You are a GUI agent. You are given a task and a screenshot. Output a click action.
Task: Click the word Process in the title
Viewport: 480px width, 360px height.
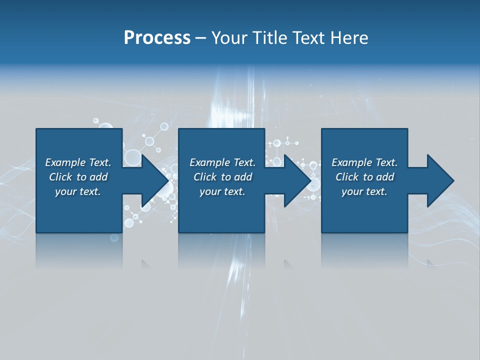[x=157, y=38]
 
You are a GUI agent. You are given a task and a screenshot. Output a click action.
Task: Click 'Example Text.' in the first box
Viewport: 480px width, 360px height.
[x=78, y=162]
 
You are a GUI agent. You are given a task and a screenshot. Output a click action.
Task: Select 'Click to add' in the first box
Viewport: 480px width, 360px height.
[x=78, y=177]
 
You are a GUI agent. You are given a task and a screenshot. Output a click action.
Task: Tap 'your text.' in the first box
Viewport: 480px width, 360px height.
[x=78, y=191]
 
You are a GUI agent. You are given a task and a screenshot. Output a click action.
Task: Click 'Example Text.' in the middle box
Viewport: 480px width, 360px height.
[x=222, y=162]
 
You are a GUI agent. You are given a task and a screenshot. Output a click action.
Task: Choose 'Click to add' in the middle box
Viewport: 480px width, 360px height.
[x=222, y=177]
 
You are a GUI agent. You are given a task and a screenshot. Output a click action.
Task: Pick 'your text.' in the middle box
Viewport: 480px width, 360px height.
[x=222, y=191]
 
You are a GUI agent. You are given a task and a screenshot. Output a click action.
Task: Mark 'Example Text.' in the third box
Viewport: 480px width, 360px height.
[x=364, y=162]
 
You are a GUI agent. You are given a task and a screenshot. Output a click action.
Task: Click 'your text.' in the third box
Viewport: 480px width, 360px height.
[x=364, y=191]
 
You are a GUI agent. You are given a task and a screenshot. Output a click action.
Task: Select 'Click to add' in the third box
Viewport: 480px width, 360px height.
[x=364, y=177]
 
